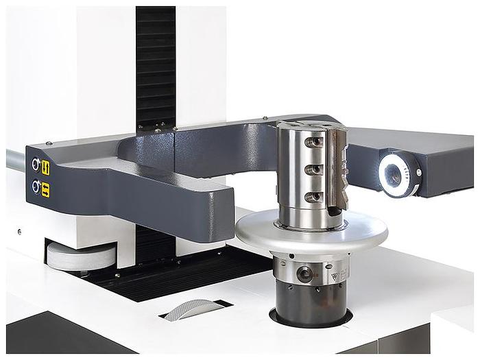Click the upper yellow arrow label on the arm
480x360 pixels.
point(45,167)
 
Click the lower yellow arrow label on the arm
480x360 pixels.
point(45,189)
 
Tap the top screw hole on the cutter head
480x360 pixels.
point(315,142)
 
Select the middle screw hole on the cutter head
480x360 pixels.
point(314,169)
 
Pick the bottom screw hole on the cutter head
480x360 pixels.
point(314,197)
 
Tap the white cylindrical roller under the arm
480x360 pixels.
point(81,255)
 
